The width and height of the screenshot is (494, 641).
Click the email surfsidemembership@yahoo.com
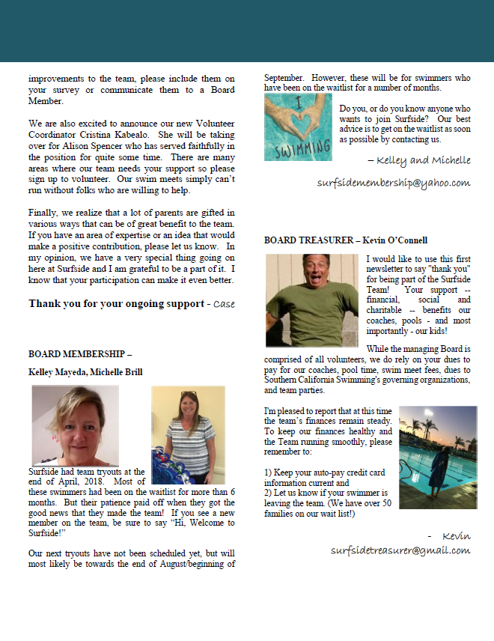393,183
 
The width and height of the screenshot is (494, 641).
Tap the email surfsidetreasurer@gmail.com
400,550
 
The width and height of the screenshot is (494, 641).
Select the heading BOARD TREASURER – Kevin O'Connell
345,240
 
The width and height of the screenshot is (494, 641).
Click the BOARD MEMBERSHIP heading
80,353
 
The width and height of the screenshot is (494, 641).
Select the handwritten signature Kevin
455,535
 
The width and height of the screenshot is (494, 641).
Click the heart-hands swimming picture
298,127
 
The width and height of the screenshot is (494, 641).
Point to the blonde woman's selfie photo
75,426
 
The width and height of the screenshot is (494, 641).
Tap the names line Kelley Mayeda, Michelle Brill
85,372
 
